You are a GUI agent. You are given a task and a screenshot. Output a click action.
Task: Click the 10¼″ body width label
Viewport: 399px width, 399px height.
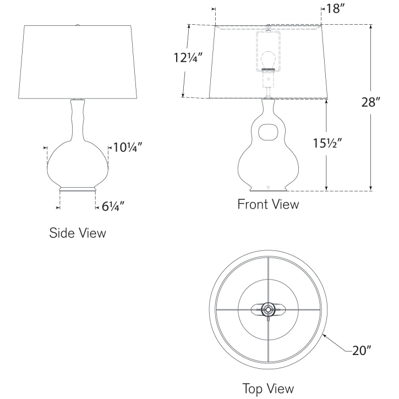click(129, 147)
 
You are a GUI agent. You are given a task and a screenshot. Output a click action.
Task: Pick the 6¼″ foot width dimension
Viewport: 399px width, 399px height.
click(113, 206)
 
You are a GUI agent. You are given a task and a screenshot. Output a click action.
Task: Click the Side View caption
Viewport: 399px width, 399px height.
click(78, 232)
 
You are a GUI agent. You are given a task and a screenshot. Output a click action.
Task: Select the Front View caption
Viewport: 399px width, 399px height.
click(268, 204)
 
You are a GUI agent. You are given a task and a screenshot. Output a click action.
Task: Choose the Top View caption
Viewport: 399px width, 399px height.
click(268, 388)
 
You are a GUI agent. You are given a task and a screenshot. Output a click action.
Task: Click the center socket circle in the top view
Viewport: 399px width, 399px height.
click(268, 310)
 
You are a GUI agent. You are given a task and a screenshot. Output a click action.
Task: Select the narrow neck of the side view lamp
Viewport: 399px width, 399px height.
click(77, 116)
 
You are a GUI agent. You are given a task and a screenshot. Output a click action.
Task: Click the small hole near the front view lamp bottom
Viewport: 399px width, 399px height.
click(268, 187)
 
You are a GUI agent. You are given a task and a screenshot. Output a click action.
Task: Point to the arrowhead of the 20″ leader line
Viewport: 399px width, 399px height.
click(324, 335)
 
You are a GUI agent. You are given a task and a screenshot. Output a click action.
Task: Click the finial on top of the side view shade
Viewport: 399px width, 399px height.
click(78, 24)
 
